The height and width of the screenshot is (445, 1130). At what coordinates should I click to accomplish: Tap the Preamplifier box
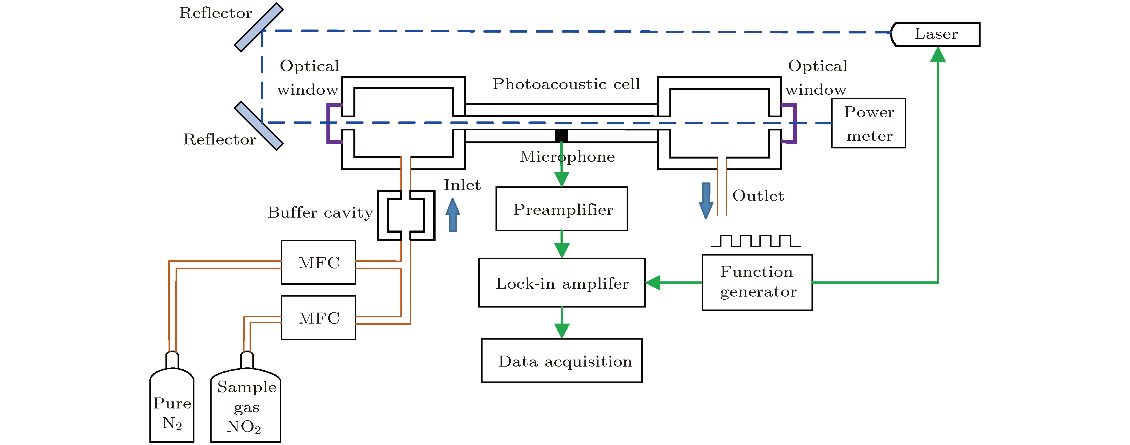(562, 209)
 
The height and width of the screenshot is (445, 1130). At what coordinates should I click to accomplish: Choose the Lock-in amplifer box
(562, 283)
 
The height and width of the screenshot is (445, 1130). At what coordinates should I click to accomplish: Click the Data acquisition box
(562, 360)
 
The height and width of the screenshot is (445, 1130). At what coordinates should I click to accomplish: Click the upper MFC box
(319, 262)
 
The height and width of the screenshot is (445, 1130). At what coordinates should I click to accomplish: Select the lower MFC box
(319, 317)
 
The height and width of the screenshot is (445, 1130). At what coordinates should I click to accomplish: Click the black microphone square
(562, 135)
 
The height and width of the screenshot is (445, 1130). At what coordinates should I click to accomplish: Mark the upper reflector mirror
(259, 27)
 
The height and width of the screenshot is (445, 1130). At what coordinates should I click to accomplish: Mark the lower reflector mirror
(259, 126)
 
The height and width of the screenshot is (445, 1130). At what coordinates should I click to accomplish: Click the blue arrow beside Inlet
(453, 215)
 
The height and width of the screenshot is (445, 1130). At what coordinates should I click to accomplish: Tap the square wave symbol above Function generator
(755, 241)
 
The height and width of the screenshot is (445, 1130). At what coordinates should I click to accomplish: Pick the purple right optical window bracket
(793, 123)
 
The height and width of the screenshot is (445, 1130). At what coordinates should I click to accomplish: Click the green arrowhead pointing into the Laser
(938, 54)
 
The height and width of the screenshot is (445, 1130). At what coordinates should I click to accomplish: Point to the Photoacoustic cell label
(566, 84)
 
